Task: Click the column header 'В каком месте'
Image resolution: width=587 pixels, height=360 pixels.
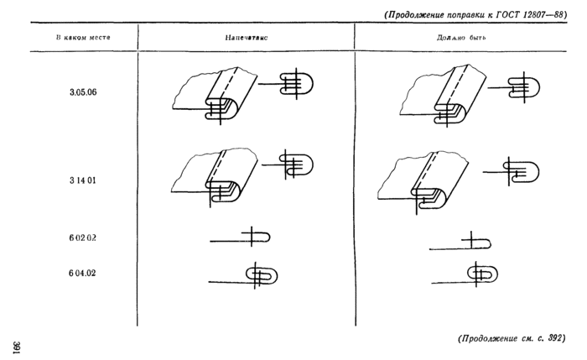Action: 83,38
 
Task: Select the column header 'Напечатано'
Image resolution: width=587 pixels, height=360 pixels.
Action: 247,38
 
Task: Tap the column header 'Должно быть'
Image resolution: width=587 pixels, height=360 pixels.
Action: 461,38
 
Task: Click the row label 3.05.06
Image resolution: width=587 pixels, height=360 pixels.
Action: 83,92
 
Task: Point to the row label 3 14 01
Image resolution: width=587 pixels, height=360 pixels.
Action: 82,180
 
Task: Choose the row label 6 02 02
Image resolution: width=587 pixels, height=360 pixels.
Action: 82,237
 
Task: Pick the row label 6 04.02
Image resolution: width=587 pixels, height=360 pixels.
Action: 82,273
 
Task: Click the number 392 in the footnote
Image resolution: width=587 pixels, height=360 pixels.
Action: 554,338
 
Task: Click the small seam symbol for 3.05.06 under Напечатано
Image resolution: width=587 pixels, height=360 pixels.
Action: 286,84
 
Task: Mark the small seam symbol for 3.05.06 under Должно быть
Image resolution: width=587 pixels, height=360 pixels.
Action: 514,87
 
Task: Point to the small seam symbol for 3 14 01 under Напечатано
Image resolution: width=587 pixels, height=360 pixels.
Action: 288,164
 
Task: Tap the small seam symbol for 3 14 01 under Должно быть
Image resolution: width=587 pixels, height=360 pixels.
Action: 511,171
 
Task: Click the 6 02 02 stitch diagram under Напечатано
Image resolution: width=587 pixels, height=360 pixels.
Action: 240,237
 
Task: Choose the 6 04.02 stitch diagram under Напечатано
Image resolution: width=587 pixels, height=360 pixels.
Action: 243,276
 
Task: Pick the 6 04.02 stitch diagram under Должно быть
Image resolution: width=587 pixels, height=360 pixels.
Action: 465,274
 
